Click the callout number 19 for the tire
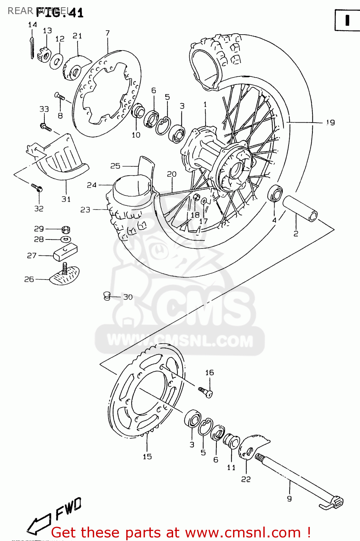click(330, 123)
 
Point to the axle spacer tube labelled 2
click(300, 208)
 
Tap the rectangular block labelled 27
click(65, 252)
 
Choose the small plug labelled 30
click(106, 296)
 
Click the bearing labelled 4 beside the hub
click(275, 193)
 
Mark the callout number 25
click(115, 166)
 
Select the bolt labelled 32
click(37, 188)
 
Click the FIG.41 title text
click(60, 13)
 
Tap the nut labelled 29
click(66, 229)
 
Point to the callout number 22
click(246, 479)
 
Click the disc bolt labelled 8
click(60, 96)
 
